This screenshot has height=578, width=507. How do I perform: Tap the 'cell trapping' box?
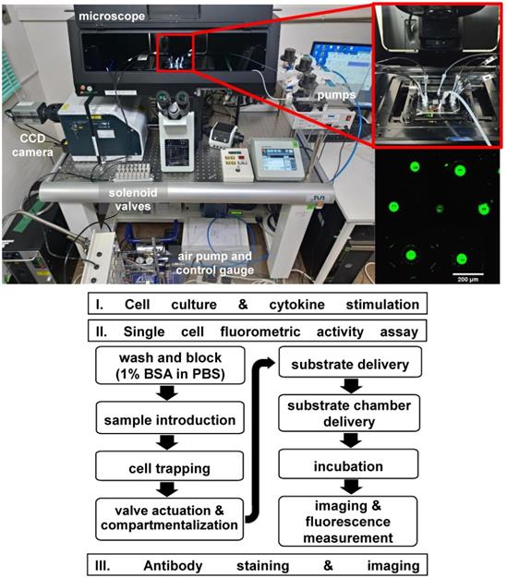(156, 468)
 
